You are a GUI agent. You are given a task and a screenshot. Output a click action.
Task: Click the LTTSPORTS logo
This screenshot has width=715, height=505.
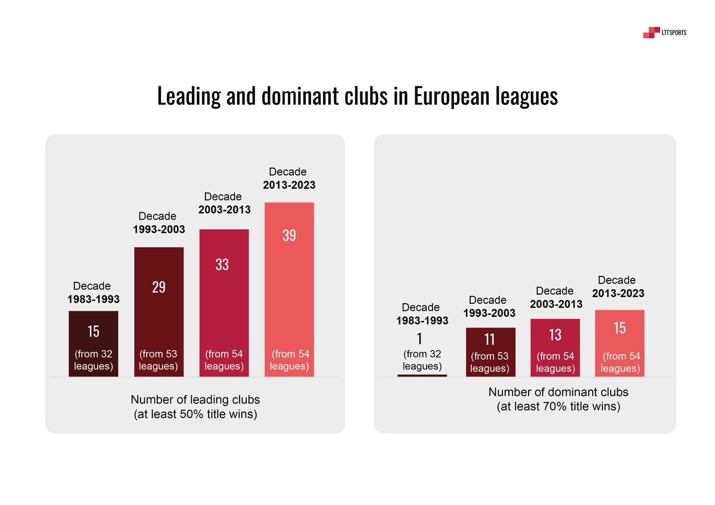click(664, 33)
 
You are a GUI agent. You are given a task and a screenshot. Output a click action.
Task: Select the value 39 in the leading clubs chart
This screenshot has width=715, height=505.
click(289, 235)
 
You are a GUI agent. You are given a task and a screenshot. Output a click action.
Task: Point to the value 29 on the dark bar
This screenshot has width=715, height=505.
click(158, 287)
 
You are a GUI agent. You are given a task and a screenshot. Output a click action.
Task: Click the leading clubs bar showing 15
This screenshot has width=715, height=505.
click(94, 344)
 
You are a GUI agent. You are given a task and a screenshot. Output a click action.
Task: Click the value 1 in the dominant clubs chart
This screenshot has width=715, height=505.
click(419, 339)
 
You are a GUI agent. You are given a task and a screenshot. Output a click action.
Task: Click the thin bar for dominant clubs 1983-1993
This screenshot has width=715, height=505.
click(422, 375)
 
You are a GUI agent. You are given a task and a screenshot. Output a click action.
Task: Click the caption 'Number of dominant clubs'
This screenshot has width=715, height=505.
click(558, 392)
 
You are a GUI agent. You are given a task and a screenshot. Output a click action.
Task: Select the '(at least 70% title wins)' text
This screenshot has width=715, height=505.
click(558, 407)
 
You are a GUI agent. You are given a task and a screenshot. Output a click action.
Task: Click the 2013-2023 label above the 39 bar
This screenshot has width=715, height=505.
click(289, 185)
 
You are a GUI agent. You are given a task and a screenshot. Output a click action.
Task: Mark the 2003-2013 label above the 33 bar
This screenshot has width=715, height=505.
click(224, 210)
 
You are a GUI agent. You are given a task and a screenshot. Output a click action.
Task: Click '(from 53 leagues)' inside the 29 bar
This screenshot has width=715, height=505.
click(158, 360)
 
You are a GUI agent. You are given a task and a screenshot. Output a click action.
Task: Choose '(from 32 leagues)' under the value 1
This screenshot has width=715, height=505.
click(422, 360)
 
